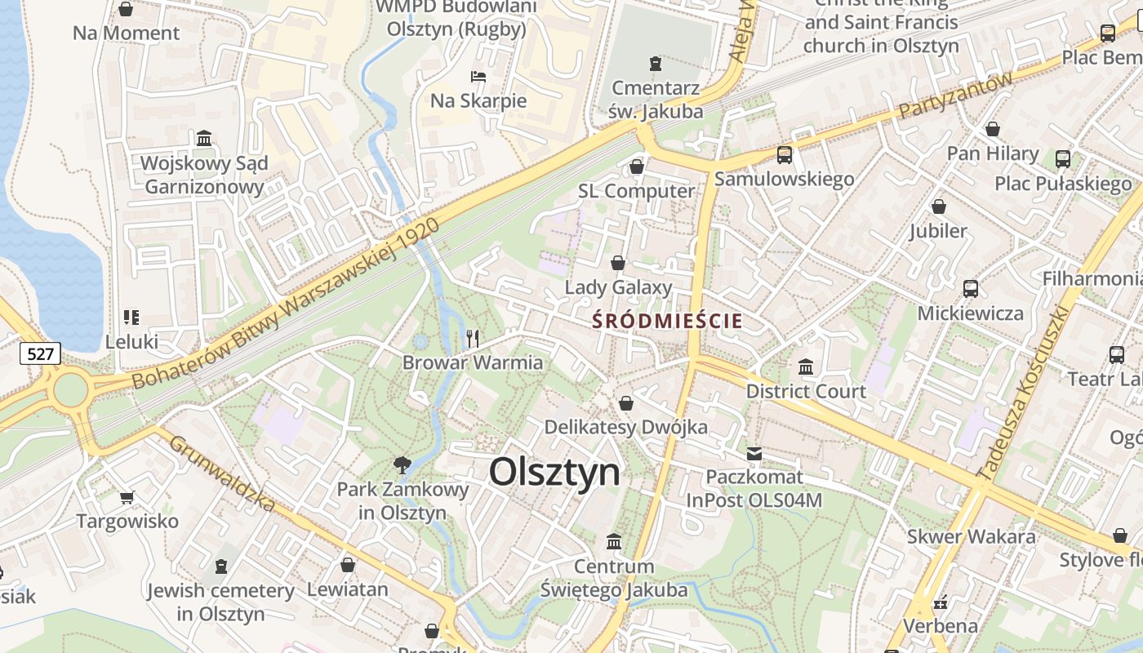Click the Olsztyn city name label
tap(554, 473)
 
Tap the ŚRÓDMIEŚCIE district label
tap(667, 321)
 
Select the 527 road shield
tap(40, 353)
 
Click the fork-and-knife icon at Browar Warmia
tap(472, 338)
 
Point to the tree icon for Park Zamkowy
tap(402, 466)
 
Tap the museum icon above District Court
tap(806, 366)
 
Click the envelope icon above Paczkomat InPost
tap(754, 453)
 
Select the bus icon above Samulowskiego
tap(784, 154)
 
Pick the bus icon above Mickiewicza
tap(970, 288)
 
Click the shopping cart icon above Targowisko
tap(127, 497)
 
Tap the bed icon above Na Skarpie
tap(478, 77)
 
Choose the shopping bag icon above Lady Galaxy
tap(618, 263)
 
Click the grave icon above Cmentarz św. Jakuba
tap(655, 63)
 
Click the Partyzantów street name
tap(955, 96)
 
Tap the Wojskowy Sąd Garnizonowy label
tap(203, 175)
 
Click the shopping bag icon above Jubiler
tap(939, 207)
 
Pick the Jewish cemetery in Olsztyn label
tap(220, 602)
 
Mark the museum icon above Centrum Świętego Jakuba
tap(614, 541)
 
